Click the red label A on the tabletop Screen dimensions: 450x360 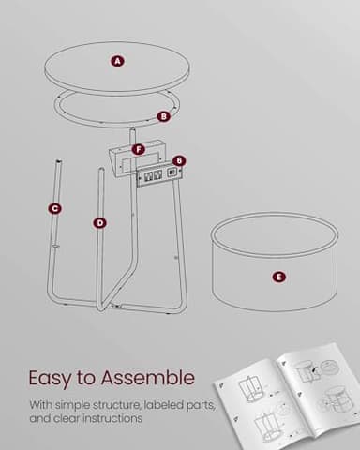[x=117, y=61]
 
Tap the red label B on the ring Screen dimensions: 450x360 [x=163, y=116]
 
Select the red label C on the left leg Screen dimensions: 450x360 [x=55, y=208]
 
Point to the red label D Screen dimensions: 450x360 [x=99, y=222]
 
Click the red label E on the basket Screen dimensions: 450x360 [x=277, y=277]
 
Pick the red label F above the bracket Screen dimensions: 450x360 [x=138, y=149]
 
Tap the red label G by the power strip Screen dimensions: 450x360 [x=179, y=160]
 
